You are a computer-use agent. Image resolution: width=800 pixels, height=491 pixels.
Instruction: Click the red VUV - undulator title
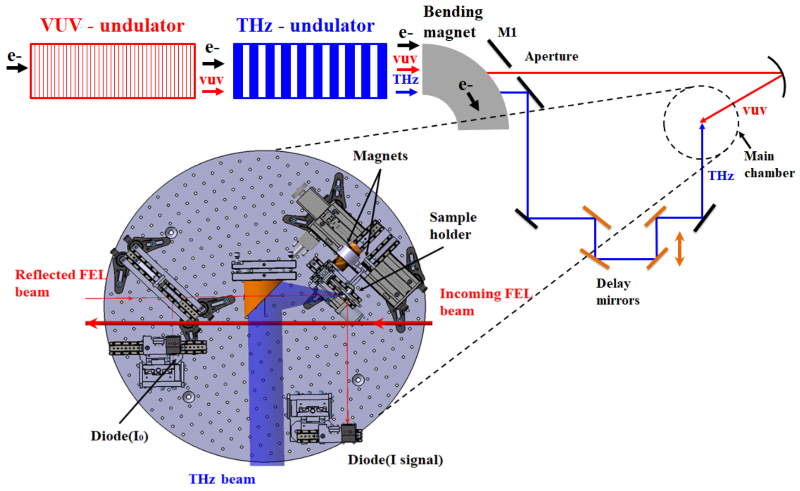click(x=112, y=26)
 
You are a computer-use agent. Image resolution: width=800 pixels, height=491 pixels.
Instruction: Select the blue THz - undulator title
click(x=305, y=26)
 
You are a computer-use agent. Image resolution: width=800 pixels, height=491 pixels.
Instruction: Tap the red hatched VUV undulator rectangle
click(x=112, y=71)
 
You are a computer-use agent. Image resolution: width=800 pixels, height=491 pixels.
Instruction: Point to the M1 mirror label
click(x=507, y=32)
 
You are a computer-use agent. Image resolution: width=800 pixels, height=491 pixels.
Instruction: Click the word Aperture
click(x=551, y=56)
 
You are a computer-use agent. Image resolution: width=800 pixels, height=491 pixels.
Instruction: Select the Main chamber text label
click(x=769, y=165)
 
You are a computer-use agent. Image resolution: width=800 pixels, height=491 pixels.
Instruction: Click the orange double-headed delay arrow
click(x=680, y=249)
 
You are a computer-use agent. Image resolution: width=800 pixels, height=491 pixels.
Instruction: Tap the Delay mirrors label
click(x=617, y=292)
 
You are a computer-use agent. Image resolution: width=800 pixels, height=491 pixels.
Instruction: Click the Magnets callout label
click(x=380, y=156)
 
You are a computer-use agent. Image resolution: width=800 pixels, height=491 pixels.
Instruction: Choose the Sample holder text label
click(x=452, y=226)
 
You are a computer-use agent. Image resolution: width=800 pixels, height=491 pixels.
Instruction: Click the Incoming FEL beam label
click(x=485, y=302)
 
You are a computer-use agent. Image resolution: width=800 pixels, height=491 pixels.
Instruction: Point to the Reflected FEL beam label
click(x=60, y=283)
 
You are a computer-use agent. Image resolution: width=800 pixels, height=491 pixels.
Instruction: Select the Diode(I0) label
click(x=119, y=436)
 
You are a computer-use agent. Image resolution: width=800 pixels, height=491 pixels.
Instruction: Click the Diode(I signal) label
click(x=395, y=460)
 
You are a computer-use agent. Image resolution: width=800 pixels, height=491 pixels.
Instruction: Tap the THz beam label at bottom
click(x=222, y=479)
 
